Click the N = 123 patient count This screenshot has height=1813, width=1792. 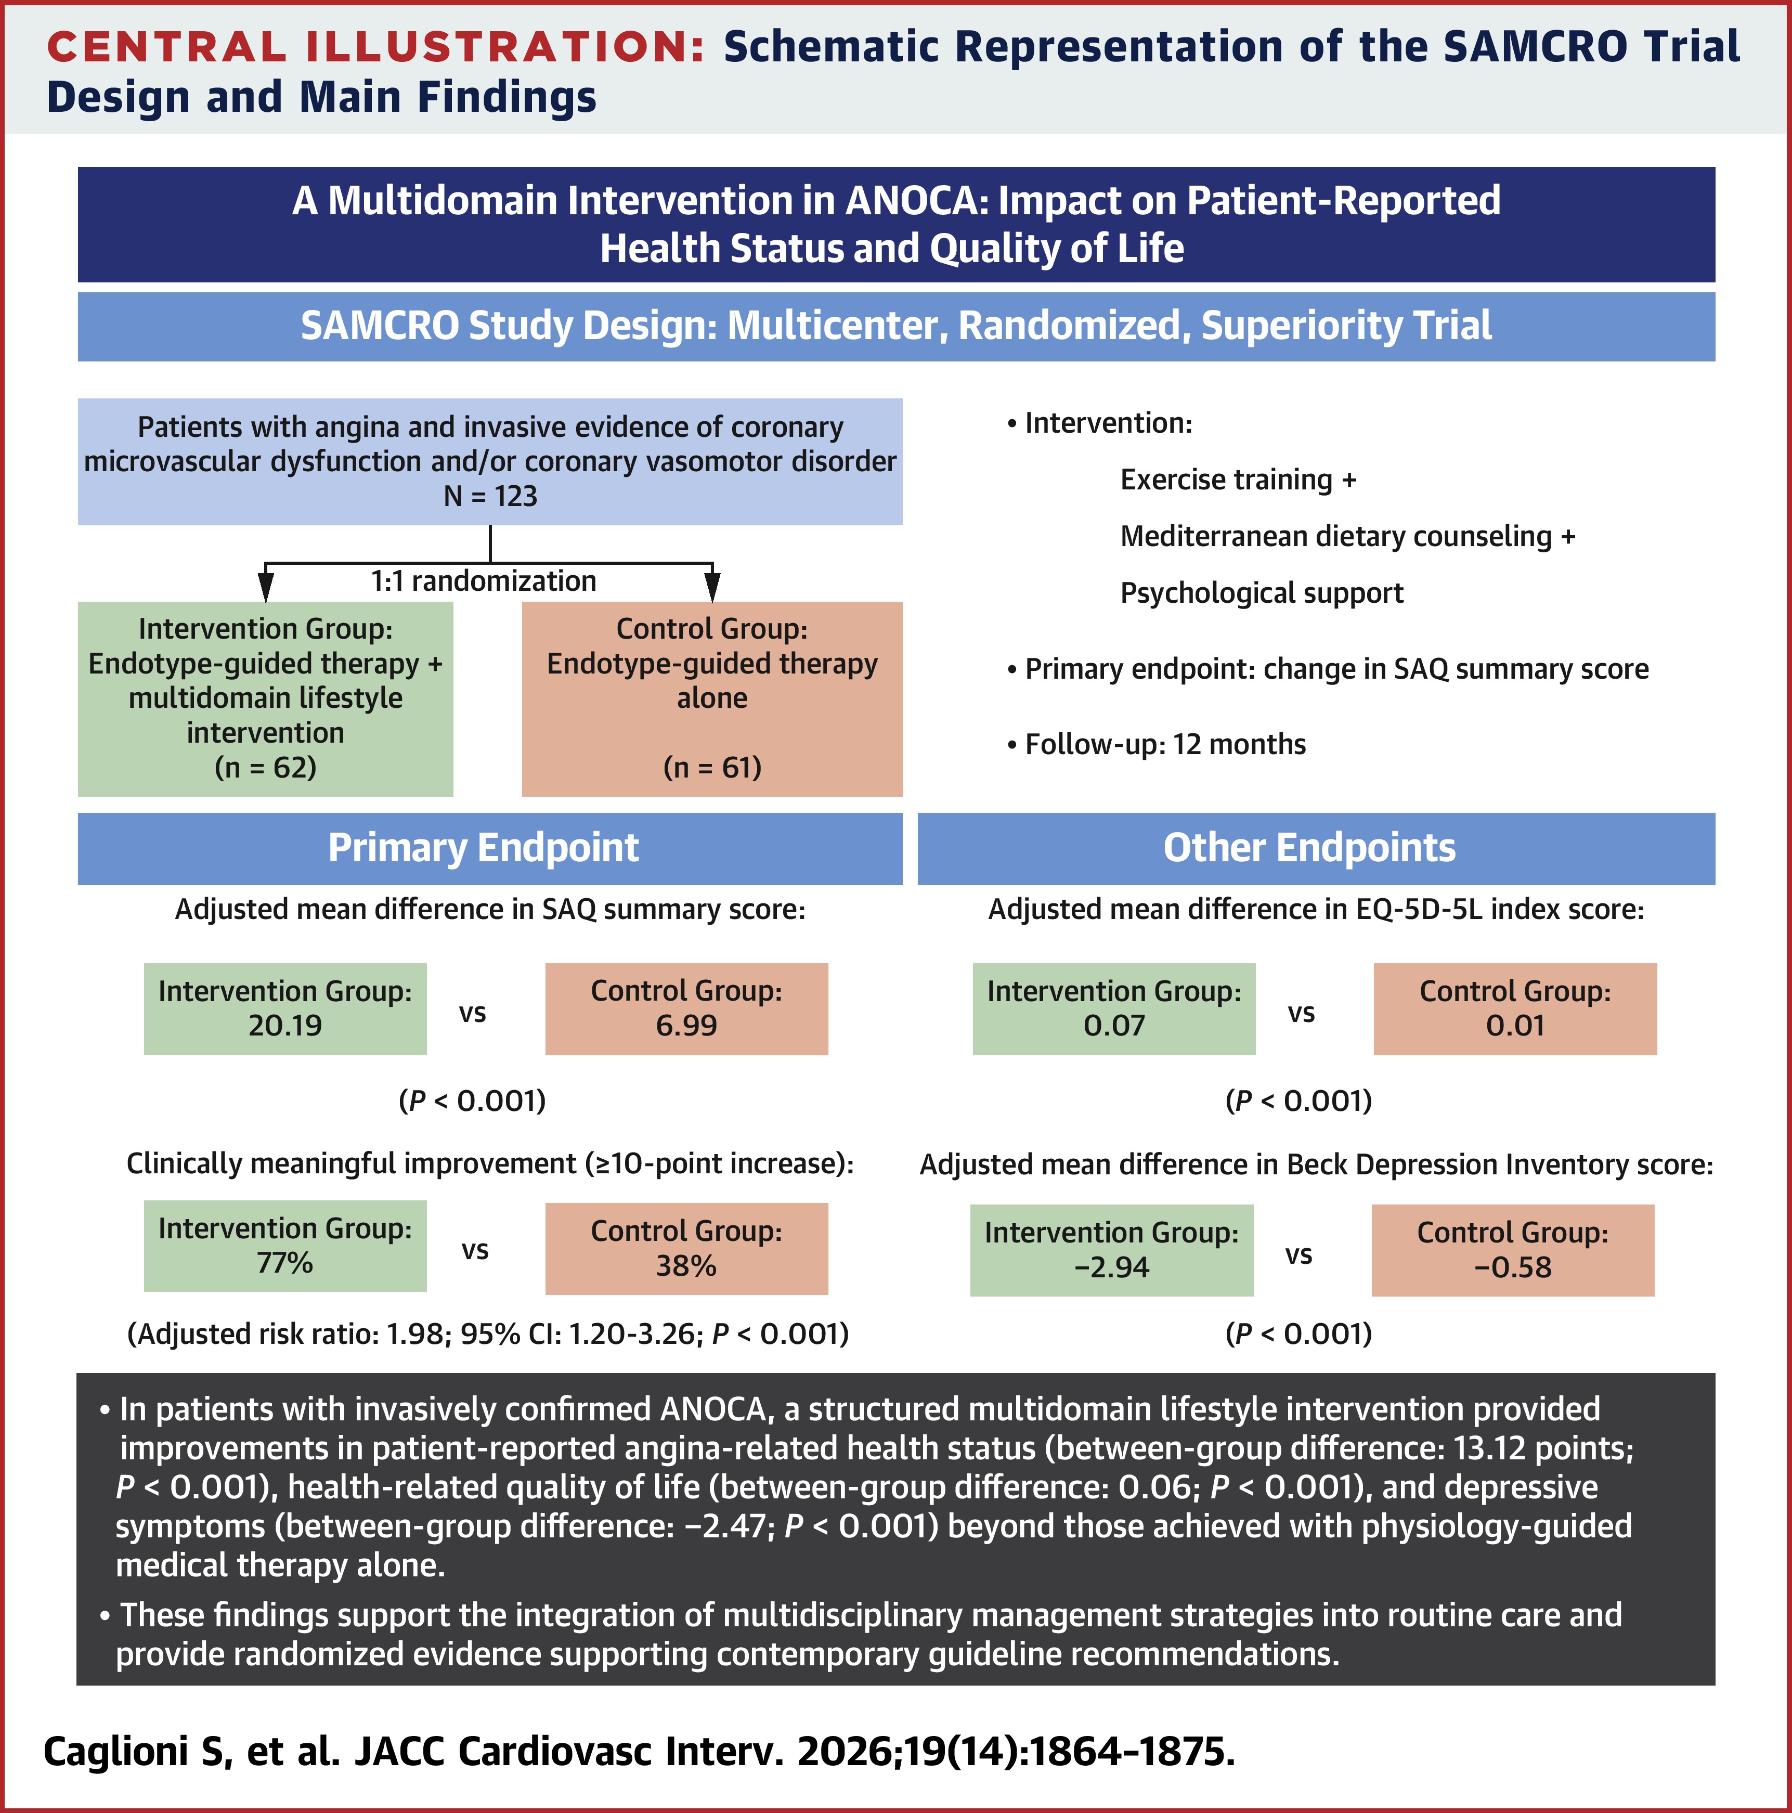(x=490, y=496)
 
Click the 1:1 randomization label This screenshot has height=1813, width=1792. (x=483, y=581)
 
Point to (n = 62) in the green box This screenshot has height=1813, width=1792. (x=266, y=768)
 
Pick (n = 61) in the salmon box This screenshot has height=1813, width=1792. (x=712, y=768)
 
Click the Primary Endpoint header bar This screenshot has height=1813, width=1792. (x=490, y=848)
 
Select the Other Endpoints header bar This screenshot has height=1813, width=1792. (x=1316, y=848)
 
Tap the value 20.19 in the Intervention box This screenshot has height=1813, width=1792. (x=285, y=1026)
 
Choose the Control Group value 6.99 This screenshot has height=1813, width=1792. (x=687, y=1026)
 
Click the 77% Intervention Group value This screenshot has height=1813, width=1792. (x=285, y=1263)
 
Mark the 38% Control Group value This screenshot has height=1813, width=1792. (x=687, y=1266)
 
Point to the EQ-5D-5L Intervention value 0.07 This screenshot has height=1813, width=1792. (x=1114, y=1026)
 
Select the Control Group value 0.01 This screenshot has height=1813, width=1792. (x=1515, y=1026)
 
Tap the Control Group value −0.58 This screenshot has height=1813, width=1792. (x=1513, y=1268)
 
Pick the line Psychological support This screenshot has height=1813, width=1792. (x=1262, y=593)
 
